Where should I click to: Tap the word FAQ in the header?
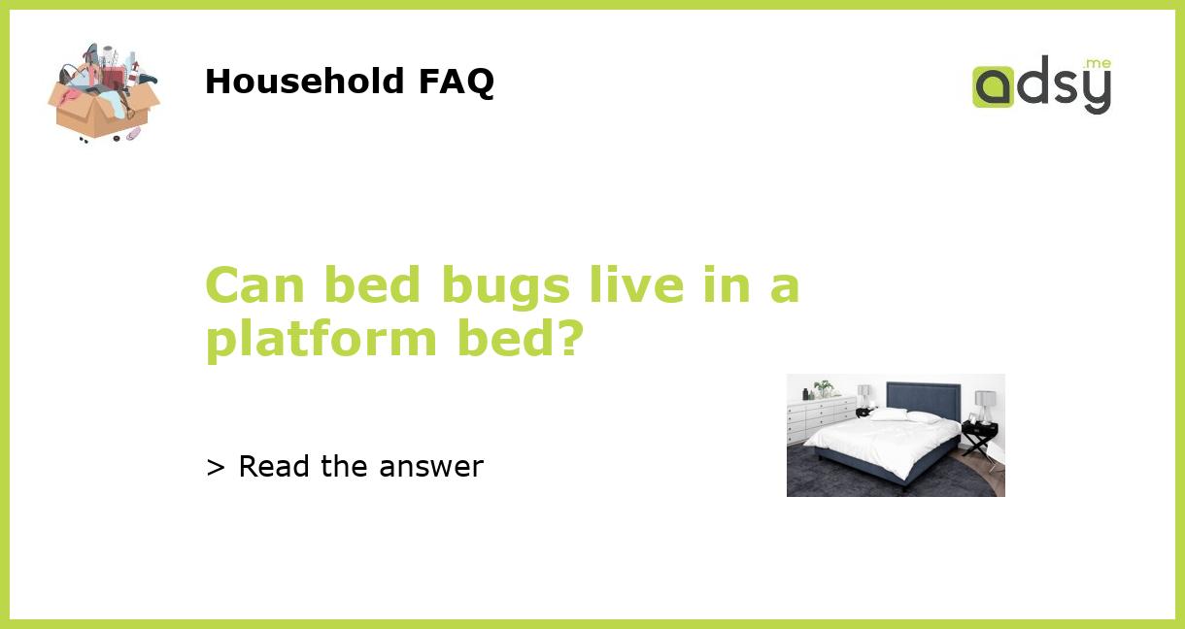[x=456, y=82]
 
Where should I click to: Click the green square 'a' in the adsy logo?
[x=993, y=86]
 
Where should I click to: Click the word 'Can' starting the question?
[x=256, y=285]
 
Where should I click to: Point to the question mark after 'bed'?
[x=567, y=338]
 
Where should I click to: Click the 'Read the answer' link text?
[x=360, y=467]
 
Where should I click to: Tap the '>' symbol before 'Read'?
[x=216, y=468]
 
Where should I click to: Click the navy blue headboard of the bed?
[x=923, y=397]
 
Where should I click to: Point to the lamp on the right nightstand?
[x=984, y=404]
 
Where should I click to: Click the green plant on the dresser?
[x=824, y=387]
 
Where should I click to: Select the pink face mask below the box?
[x=132, y=134]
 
